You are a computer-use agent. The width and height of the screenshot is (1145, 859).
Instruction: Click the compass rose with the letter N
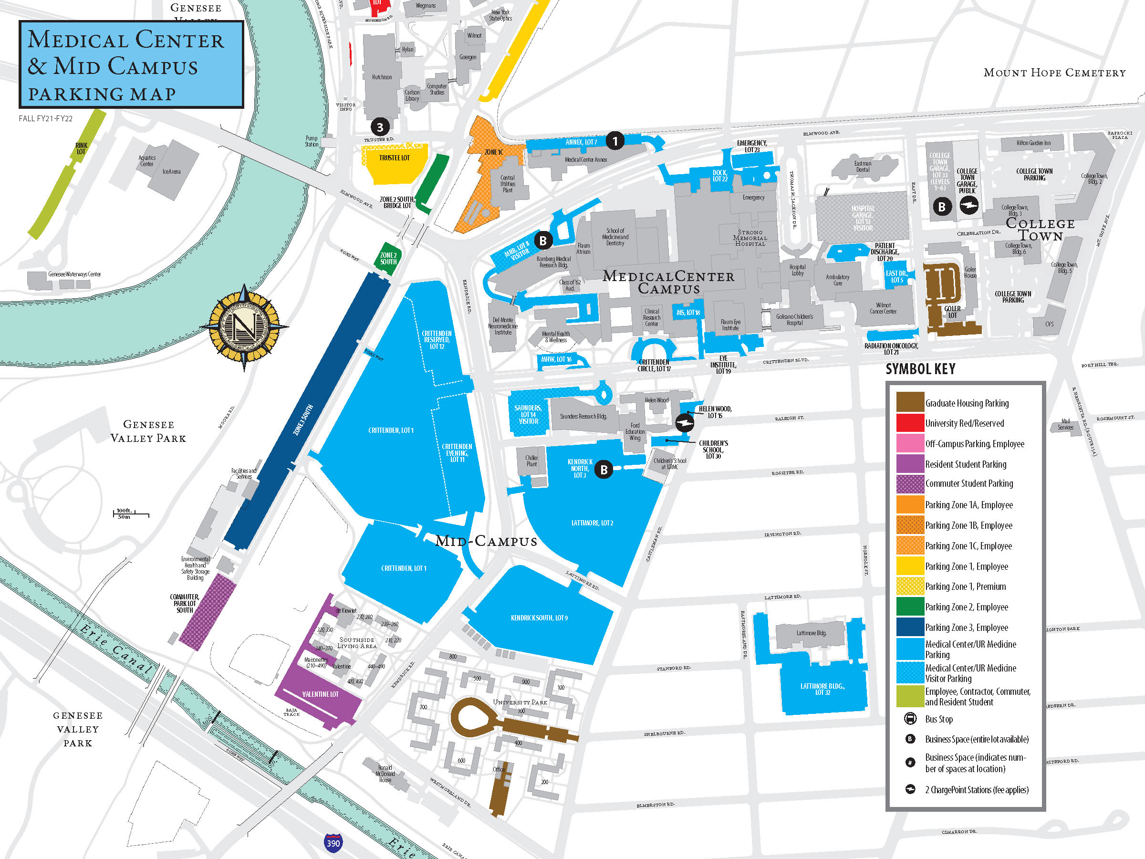[x=244, y=327]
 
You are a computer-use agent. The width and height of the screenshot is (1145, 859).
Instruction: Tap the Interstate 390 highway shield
[x=333, y=842]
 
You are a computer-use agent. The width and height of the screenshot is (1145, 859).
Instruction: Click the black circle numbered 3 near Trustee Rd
[x=380, y=127]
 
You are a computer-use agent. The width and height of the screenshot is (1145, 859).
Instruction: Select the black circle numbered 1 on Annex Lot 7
[x=615, y=140]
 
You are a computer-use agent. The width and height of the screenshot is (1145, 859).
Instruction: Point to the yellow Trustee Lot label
[x=395, y=158]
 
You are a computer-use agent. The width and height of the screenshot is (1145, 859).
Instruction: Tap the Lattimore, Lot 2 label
[x=592, y=523]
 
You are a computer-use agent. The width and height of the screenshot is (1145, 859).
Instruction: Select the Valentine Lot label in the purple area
[x=320, y=694]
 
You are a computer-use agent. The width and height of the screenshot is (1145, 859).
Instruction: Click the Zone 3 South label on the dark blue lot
[x=303, y=419]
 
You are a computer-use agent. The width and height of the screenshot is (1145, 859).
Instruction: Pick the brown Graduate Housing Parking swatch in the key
[x=910, y=402]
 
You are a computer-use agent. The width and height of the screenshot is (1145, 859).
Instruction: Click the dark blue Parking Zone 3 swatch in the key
[x=910, y=627]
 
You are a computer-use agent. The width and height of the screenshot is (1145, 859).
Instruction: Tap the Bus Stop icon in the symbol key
[x=910, y=719]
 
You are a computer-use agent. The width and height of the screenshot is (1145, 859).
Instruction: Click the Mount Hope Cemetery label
[x=1054, y=73]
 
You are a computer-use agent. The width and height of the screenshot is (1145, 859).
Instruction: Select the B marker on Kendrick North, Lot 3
[x=604, y=470]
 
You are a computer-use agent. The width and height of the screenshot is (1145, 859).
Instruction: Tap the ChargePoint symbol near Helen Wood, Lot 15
[x=684, y=422]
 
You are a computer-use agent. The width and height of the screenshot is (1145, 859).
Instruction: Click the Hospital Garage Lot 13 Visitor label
[x=863, y=218]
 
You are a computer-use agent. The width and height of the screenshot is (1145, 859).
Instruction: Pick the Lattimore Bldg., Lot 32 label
[x=822, y=689]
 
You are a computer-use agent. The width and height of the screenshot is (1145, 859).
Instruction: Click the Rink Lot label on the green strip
[x=81, y=148]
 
